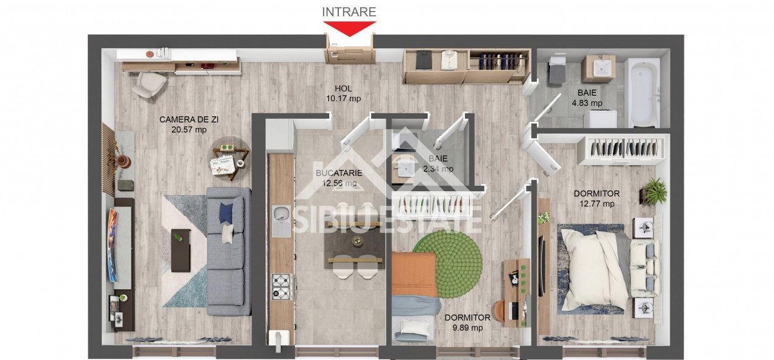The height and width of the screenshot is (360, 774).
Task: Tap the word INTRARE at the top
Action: click(349, 12)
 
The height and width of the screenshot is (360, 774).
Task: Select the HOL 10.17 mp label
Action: click(343, 93)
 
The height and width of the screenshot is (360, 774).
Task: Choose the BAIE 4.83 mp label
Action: click(586, 98)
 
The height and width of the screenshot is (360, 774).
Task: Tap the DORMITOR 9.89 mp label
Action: click(467, 322)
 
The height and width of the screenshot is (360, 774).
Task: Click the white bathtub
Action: click(644, 93)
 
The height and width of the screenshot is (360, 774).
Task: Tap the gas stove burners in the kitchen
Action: click(281, 286)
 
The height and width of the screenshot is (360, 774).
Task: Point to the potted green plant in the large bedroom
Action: click(655, 191)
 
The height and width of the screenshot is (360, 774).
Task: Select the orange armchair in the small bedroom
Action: click(414, 274)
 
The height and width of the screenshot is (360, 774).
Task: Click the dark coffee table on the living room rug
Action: click(180, 250)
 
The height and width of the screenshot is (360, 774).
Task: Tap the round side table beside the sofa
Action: click(231, 157)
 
